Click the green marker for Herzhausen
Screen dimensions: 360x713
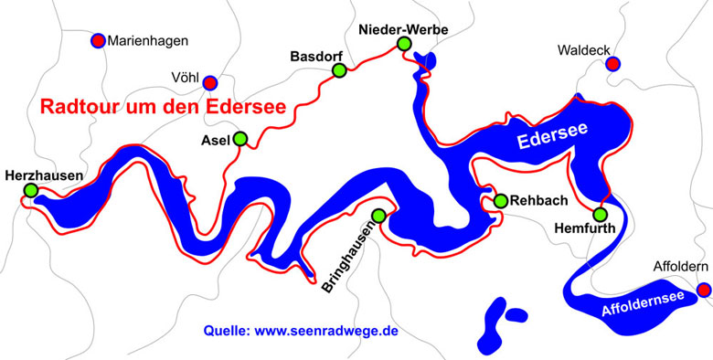(31, 190)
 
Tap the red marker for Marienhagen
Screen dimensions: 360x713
(98, 40)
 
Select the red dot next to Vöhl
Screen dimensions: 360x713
(209, 83)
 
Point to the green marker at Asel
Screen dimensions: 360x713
(239, 139)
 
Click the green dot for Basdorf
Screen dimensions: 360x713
(339, 70)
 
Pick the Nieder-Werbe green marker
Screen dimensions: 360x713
(404, 44)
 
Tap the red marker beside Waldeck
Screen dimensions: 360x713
(613, 63)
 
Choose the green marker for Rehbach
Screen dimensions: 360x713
(500, 200)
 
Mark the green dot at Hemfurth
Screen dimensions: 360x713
(600, 215)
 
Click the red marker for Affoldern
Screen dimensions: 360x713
(703, 290)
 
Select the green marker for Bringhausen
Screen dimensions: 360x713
(378, 215)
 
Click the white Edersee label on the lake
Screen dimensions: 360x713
(552, 136)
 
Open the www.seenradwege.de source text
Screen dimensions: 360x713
(301, 331)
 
